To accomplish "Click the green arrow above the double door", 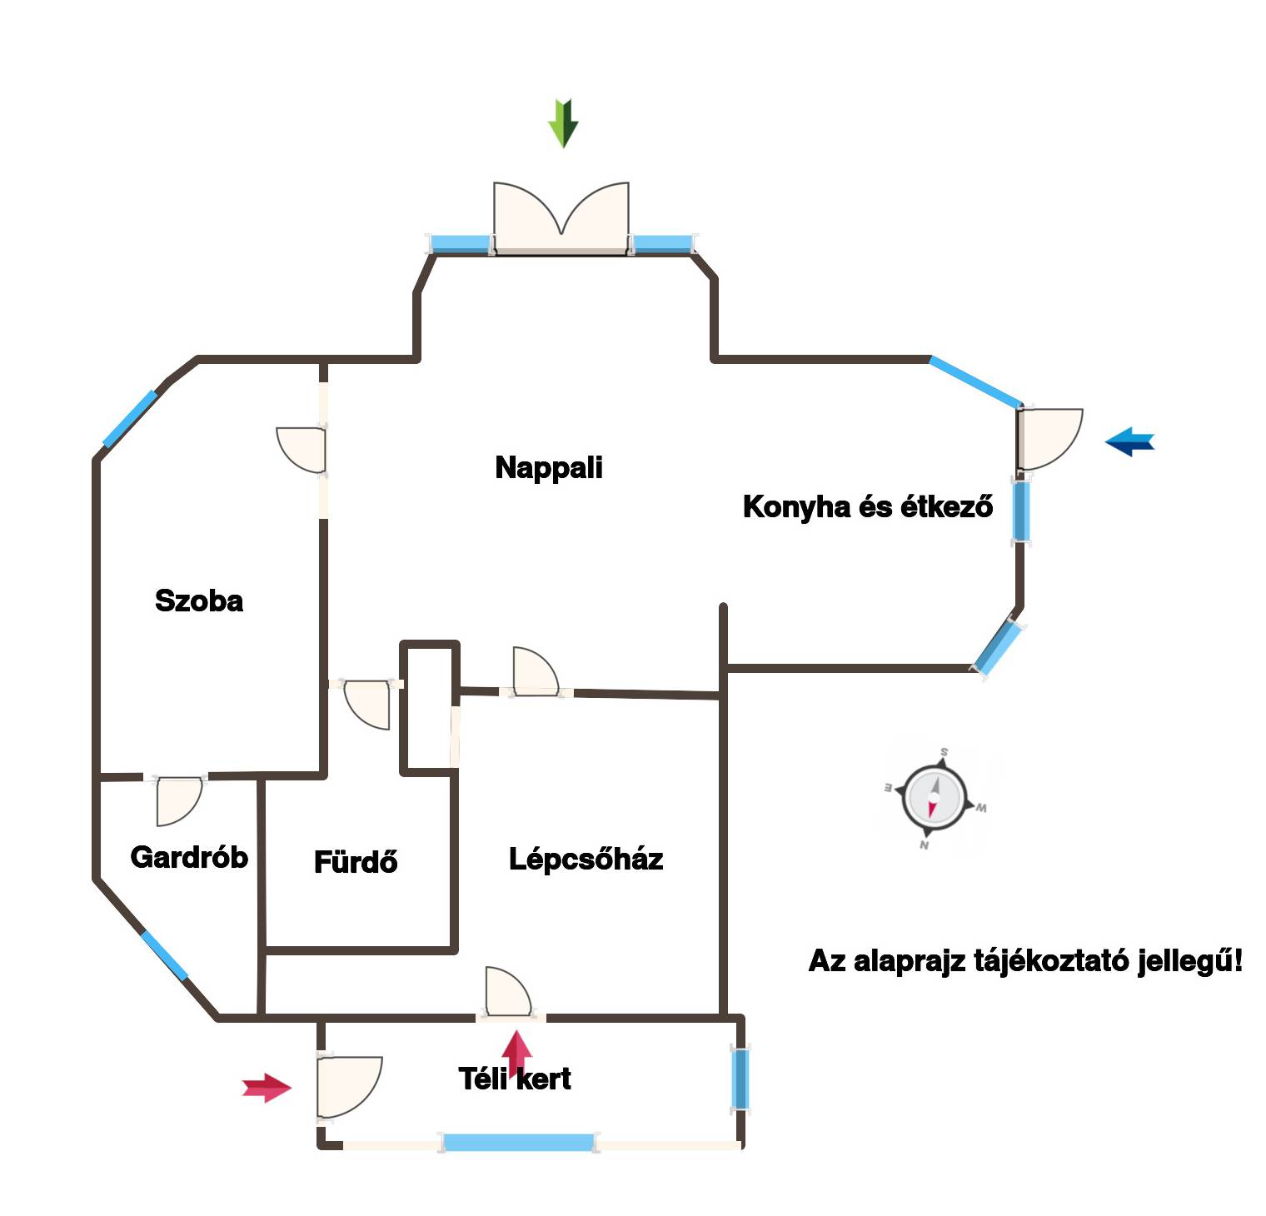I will click(x=563, y=122).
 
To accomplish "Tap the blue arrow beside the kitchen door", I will click(x=1130, y=441).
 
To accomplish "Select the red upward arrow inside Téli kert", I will click(x=517, y=1051).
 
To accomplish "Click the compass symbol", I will click(x=934, y=798).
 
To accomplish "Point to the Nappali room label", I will click(x=549, y=468).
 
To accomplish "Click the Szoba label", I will click(x=199, y=601).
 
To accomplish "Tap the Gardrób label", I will click(x=189, y=857).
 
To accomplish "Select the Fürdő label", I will click(x=356, y=862).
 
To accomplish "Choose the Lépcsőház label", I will click(x=586, y=860).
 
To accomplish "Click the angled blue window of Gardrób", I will click(x=164, y=955).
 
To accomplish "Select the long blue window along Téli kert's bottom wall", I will click(x=518, y=1142).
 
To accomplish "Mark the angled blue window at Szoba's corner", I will click(x=130, y=419).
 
